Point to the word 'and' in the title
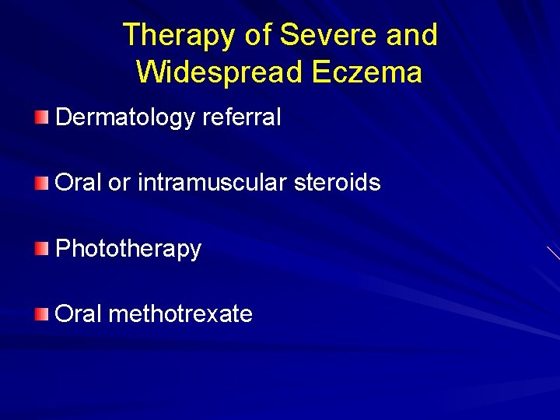pos(414,35)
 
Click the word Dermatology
pos(125,118)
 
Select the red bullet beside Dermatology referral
pos(42,117)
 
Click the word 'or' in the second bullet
pos(120,184)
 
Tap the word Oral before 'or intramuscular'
pos(79,183)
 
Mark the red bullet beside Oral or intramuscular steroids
pos(42,183)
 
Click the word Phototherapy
pos(128,249)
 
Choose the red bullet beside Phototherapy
pos(42,248)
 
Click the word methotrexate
pos(180,314)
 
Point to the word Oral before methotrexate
pos(79,314)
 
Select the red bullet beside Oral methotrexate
pos(42,313)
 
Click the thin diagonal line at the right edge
pos(553,252)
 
